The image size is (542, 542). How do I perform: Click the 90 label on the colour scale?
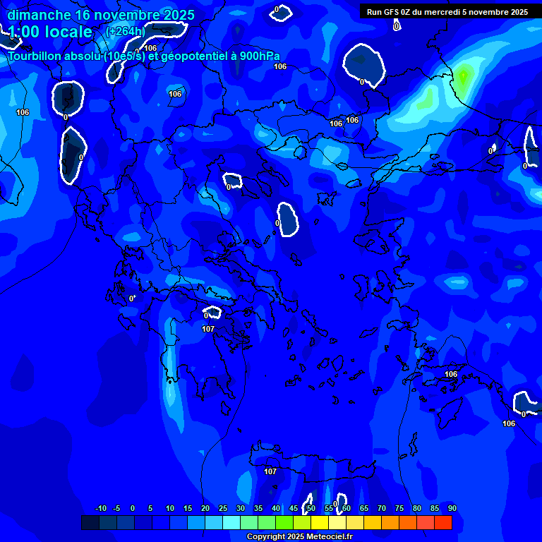452,508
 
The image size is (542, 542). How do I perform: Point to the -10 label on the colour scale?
100,508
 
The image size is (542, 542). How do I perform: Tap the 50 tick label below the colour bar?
311,508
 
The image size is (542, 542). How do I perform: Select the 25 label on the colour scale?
223,508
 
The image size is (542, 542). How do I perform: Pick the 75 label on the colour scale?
399,508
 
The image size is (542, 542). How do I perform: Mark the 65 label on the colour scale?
364,508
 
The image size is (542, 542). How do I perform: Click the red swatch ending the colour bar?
442,523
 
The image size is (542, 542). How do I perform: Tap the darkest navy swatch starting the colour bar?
90,523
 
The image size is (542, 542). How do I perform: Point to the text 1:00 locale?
50,32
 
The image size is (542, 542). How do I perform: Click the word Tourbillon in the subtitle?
35,56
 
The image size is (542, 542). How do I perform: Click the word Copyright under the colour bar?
266,537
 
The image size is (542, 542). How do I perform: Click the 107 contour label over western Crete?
270,471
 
